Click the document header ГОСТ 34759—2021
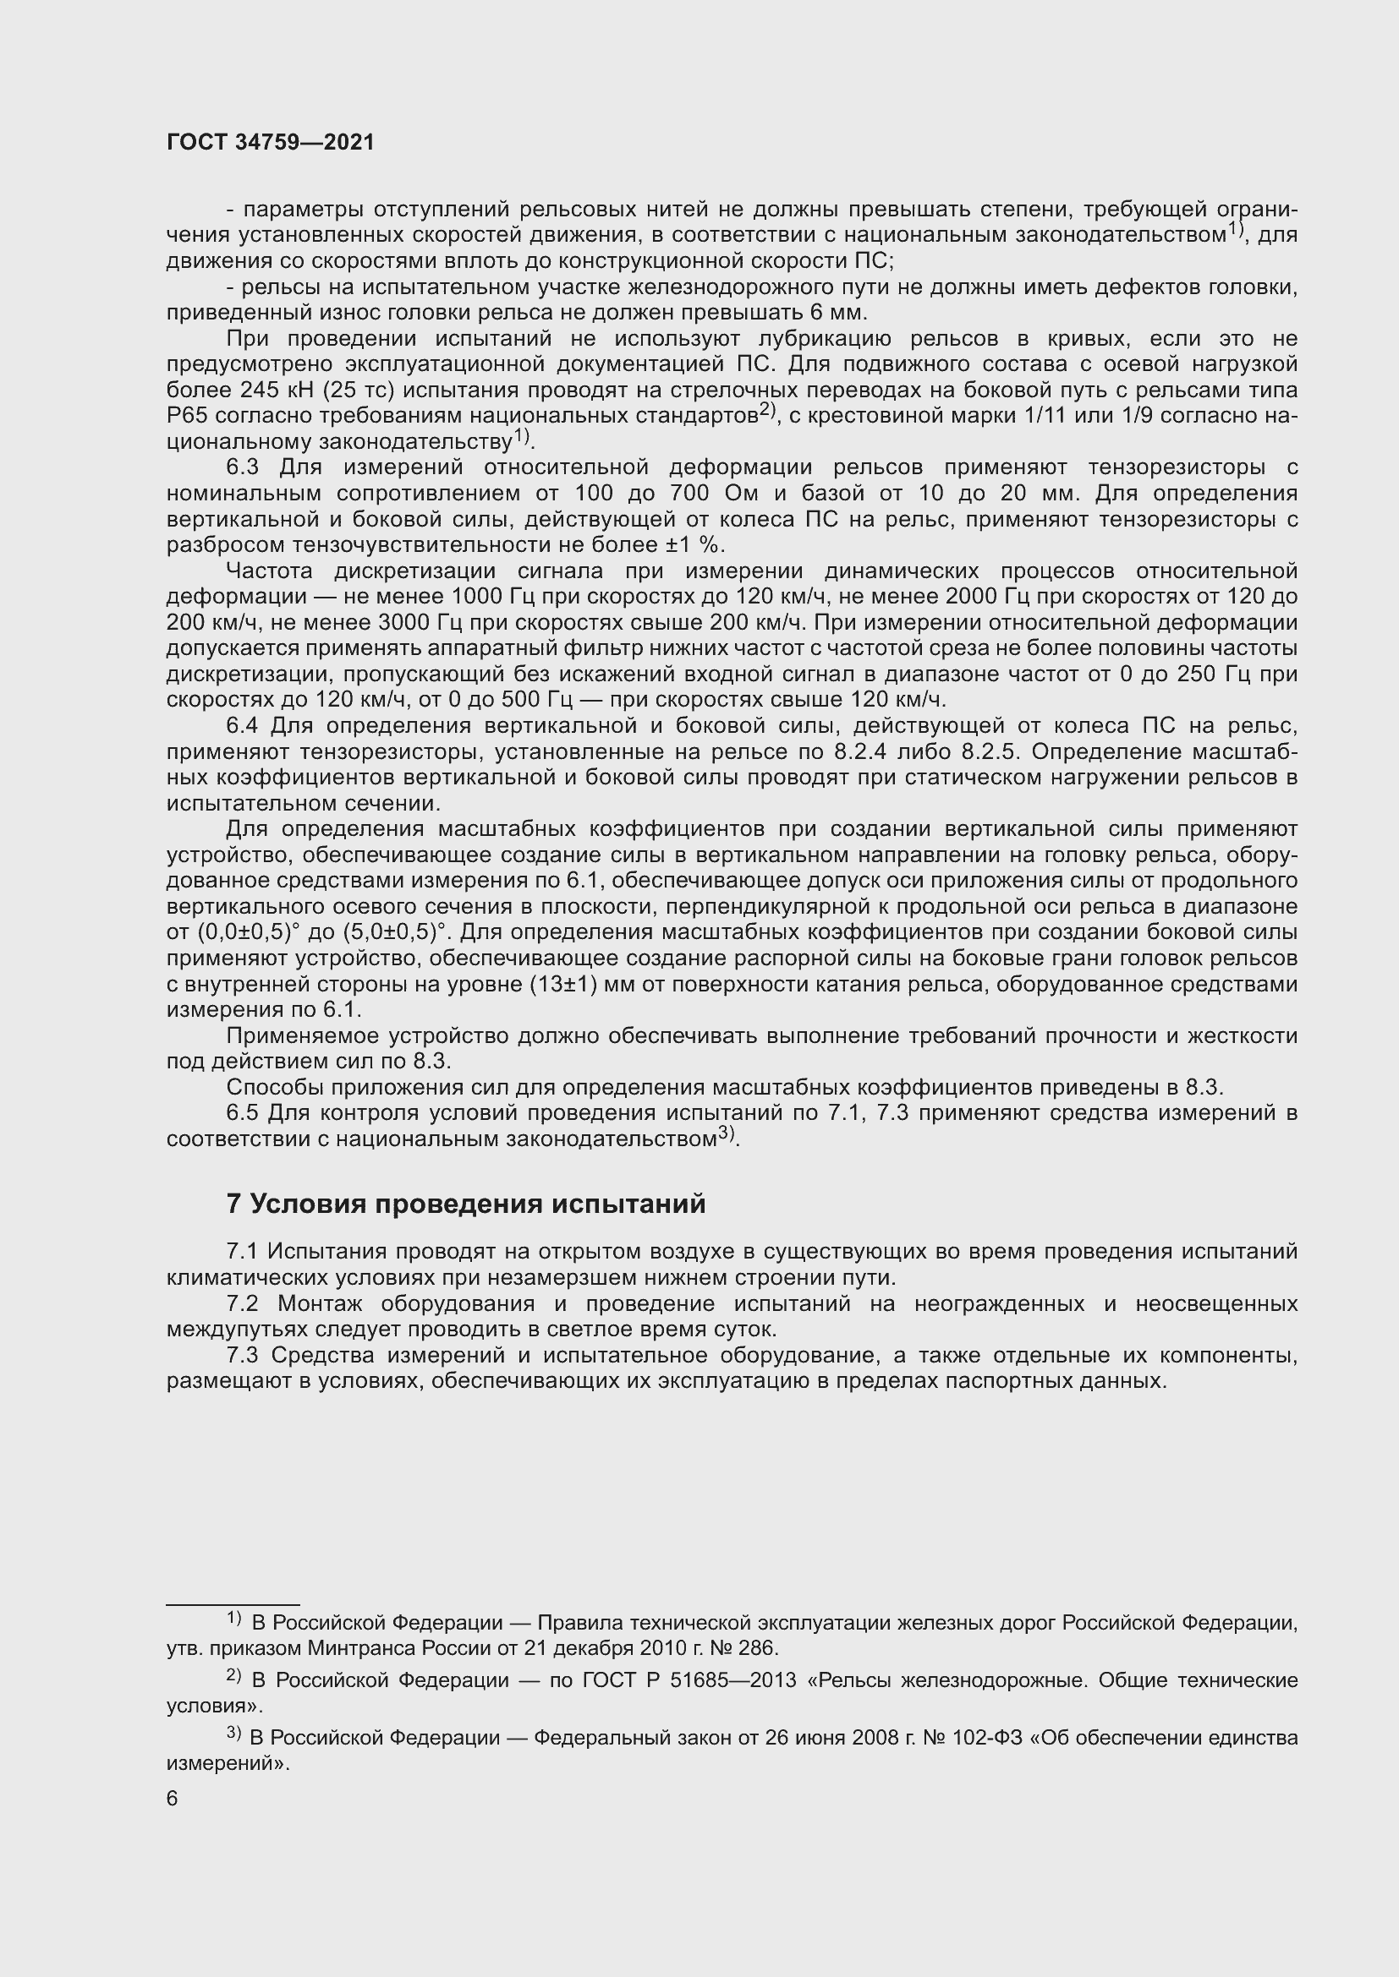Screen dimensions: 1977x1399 pos(271,143)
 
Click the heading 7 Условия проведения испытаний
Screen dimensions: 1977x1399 pos(465,1204)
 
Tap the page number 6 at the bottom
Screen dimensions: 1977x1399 pos(173,1799)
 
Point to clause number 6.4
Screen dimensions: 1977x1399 pos(242,726)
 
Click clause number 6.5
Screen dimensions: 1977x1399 pos(242,1113)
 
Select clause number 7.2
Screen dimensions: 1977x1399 pos(242,1304)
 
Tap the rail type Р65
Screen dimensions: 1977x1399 pos(184,416)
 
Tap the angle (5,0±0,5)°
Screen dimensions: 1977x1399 pos(395,932)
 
